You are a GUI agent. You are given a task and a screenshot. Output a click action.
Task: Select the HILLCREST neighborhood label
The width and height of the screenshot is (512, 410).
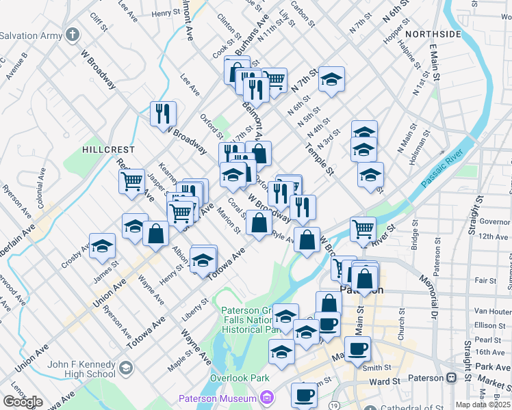108,149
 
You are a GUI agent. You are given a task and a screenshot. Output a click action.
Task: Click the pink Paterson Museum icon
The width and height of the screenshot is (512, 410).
266,398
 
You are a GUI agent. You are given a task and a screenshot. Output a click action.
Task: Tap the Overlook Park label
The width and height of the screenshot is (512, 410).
240,378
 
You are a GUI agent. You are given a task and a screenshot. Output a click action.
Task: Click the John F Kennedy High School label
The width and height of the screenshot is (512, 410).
81,368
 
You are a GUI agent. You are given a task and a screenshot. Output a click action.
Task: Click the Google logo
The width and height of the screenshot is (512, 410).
23,402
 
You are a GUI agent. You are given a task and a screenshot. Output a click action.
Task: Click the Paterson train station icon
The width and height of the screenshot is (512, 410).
451,378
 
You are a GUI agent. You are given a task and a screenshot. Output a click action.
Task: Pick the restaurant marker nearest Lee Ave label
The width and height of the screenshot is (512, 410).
163,113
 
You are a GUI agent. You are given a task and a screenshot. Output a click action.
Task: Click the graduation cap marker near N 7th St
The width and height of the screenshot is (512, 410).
331,80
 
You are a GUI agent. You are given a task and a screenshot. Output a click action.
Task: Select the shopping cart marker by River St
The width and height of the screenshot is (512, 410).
363,229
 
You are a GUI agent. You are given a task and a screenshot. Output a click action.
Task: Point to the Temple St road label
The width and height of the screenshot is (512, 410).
319,159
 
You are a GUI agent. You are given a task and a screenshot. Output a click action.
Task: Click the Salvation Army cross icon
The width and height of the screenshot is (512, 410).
73,34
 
